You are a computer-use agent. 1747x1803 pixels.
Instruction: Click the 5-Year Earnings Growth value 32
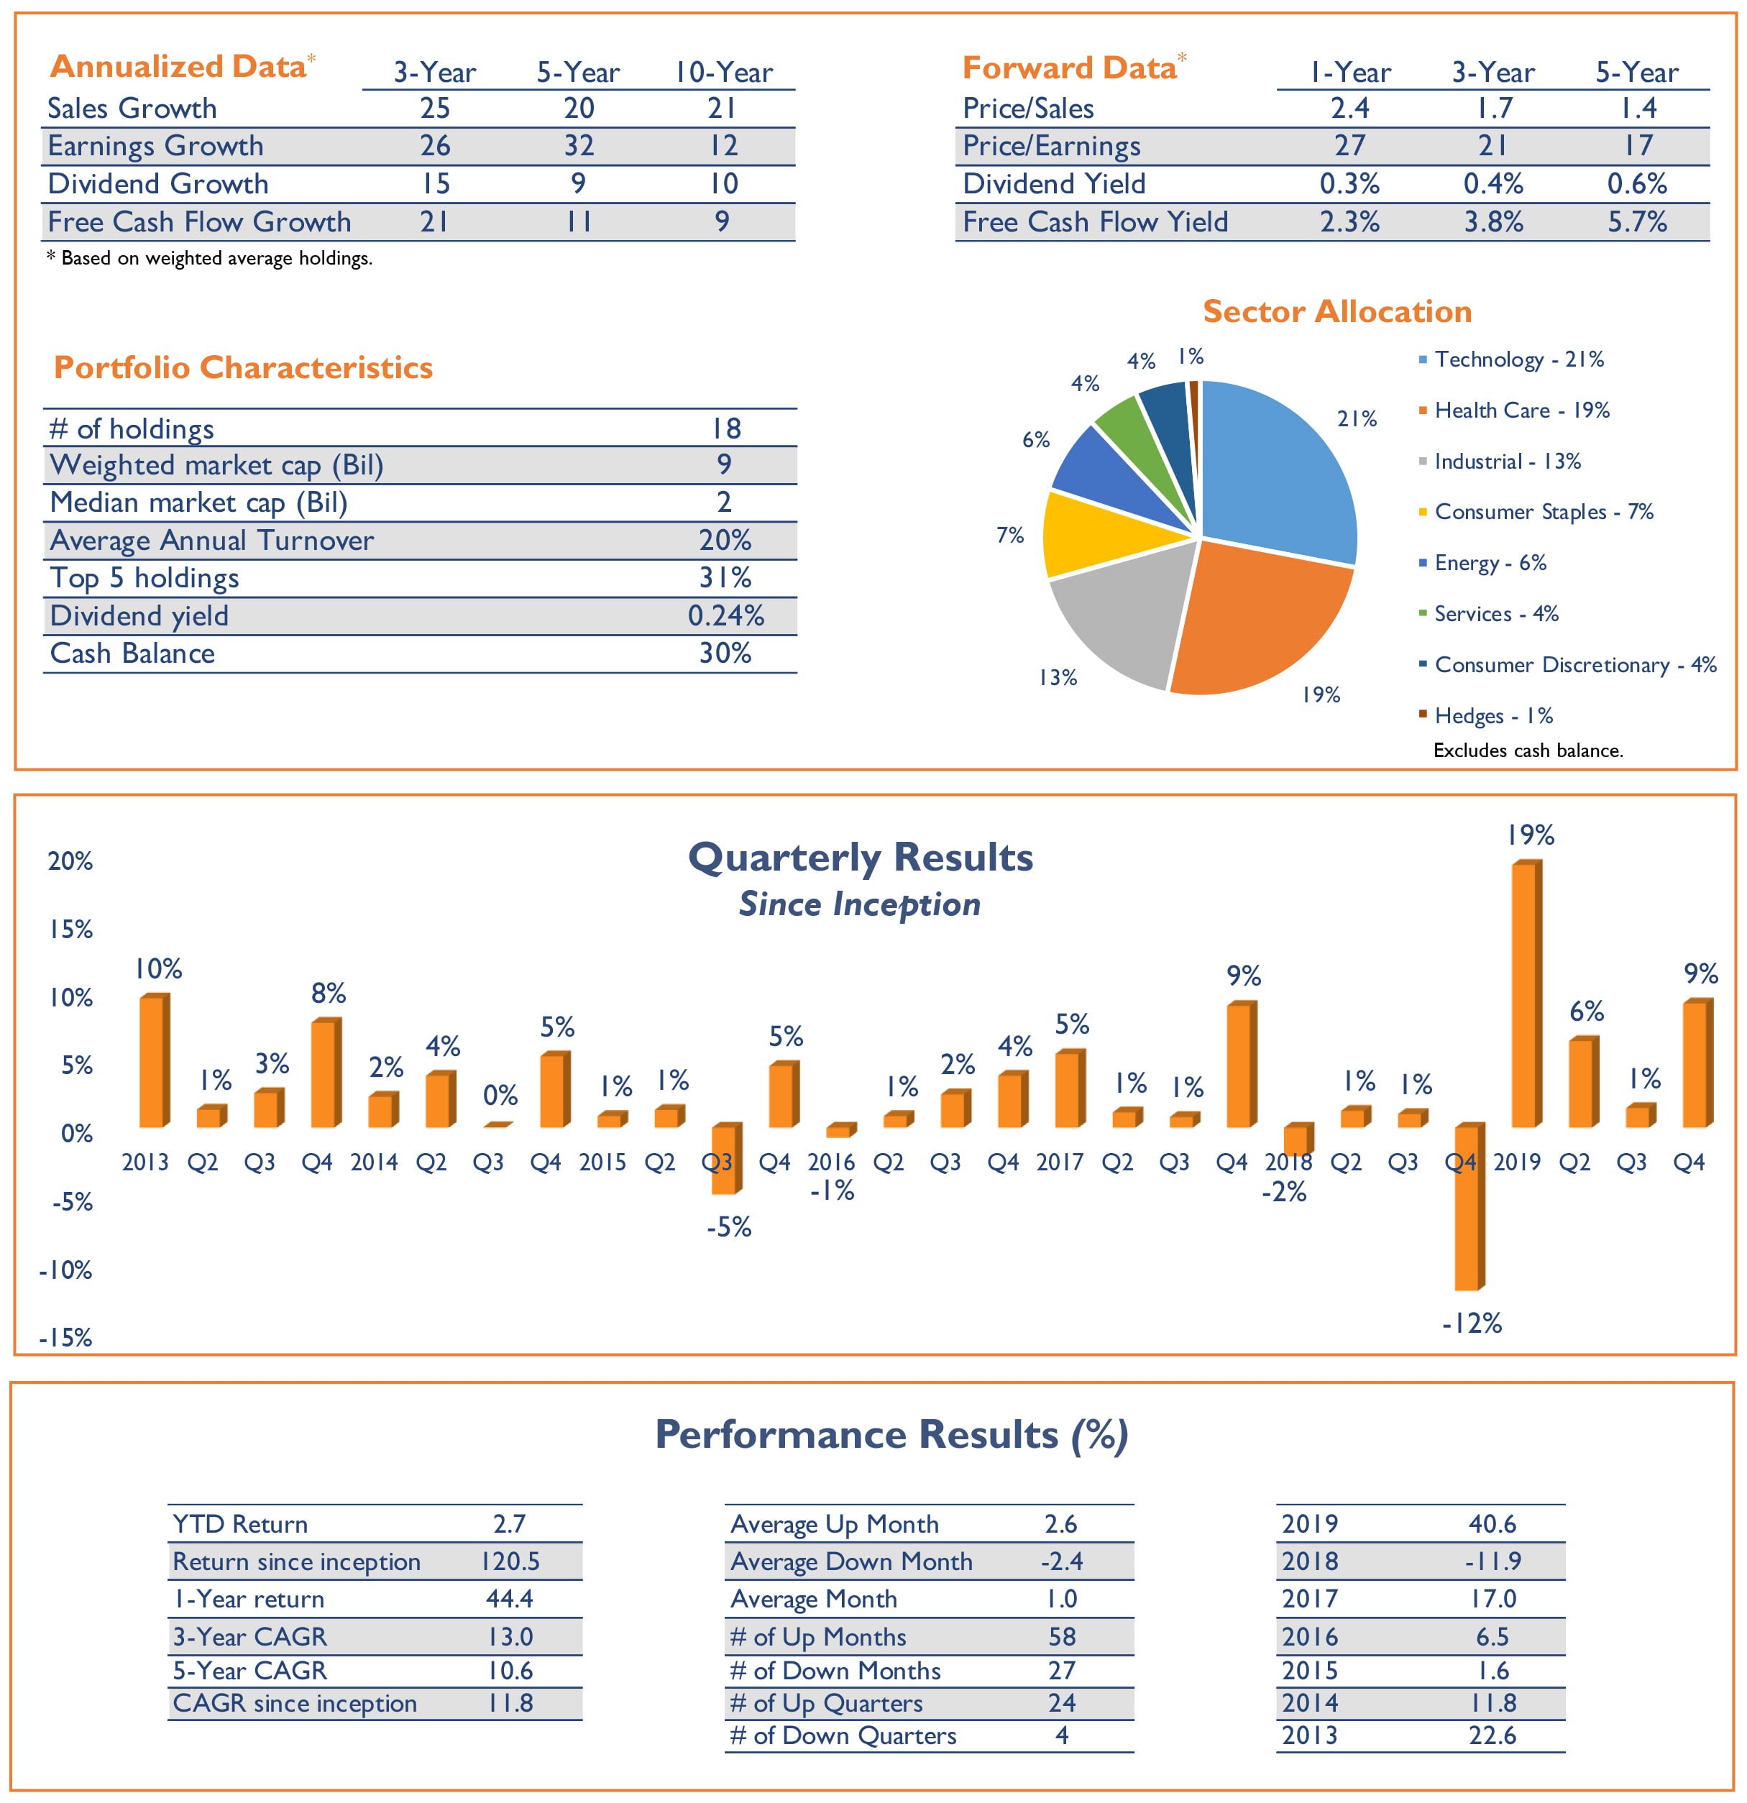[x=579, y=145]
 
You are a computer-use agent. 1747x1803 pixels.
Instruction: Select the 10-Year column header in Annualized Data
[x=724, y=73]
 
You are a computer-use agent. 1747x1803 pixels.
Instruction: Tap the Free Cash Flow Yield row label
[x=1095, y=221]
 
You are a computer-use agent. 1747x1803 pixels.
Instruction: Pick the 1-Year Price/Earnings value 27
[x=1349, y=145]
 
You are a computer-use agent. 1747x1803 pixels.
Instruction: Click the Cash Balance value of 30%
[x=725, y=653]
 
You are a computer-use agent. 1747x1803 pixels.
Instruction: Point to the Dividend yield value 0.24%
[x=725, y=615]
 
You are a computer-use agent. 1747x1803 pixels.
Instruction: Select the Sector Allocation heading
[x=1336, y=311]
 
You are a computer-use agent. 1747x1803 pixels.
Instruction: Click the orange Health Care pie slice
[x=1260, y=616]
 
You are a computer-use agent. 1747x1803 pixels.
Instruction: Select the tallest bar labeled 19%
[x=1526, y=994]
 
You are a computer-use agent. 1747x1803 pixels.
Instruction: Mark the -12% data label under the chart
[x=1471, y=1323]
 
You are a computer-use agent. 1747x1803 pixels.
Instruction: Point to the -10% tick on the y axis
[x=66, y=1270]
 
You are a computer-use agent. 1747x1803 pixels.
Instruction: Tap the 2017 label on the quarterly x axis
[x=1060, y=1162]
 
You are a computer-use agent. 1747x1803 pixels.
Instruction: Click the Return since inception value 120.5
[x=510, y=1561]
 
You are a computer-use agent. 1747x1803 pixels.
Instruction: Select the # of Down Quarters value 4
[x=1062, y=1735]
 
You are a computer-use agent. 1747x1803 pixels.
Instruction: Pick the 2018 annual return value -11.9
[x=1492, y=1561]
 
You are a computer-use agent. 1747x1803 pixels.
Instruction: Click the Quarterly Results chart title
[x=860, y=858]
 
